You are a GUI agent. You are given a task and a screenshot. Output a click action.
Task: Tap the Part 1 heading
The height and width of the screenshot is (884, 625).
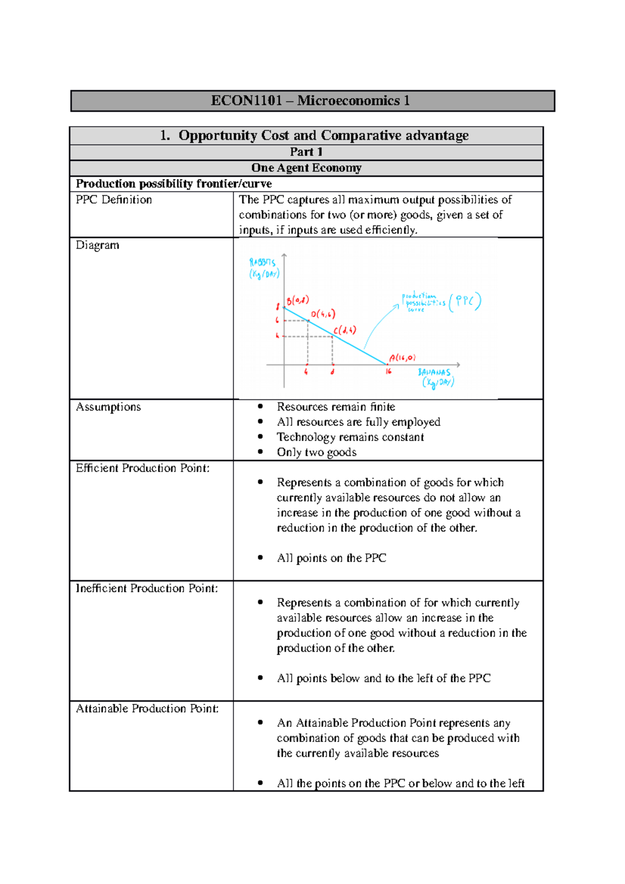[306, 152]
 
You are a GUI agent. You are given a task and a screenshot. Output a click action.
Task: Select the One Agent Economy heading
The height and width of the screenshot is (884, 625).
[306, 168]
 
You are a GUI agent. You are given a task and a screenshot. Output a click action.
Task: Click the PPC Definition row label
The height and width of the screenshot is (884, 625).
[114, 200]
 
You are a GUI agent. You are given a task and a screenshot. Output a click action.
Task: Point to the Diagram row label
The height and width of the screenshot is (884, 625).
[97, 245]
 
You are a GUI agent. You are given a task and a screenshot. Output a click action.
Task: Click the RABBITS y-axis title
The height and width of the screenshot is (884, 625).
[264, 268]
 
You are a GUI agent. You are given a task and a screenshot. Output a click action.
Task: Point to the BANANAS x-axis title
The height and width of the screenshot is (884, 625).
[435, 377]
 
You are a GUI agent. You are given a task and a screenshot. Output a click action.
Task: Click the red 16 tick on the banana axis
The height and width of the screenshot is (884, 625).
[389, 372]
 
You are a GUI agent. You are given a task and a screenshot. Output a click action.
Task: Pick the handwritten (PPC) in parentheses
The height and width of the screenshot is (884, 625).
[465, 301]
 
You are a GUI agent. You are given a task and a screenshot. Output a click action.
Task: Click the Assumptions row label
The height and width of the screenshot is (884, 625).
[108, 407]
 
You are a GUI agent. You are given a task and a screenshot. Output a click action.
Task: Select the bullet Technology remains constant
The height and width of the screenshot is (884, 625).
[350, 437]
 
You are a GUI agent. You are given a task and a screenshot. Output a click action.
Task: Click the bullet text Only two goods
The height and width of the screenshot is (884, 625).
[317, 452]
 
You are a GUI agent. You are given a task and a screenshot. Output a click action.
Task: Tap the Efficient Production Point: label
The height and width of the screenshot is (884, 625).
[143, 468]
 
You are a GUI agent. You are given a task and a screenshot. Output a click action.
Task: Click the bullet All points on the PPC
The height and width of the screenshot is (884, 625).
[331, 558]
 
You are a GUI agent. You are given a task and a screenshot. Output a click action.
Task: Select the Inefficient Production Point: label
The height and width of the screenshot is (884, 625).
[147, 588]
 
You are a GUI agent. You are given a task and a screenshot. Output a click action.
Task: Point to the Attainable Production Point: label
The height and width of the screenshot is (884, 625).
[147, 709]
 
